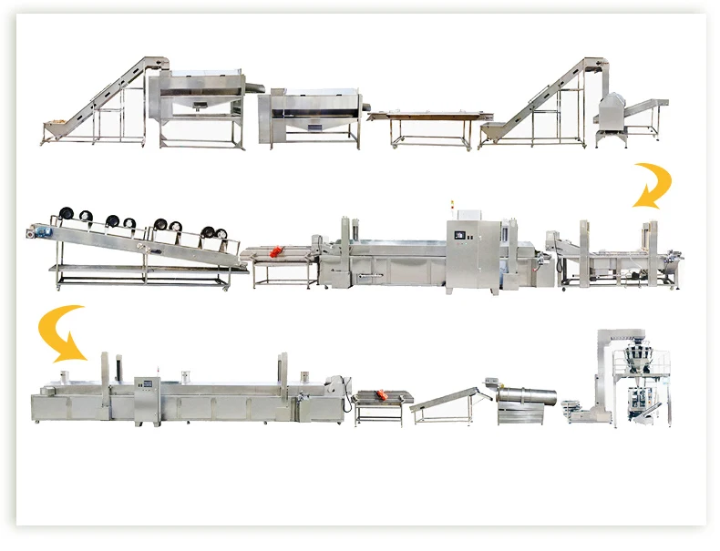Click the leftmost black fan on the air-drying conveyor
[x=66, y=215]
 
